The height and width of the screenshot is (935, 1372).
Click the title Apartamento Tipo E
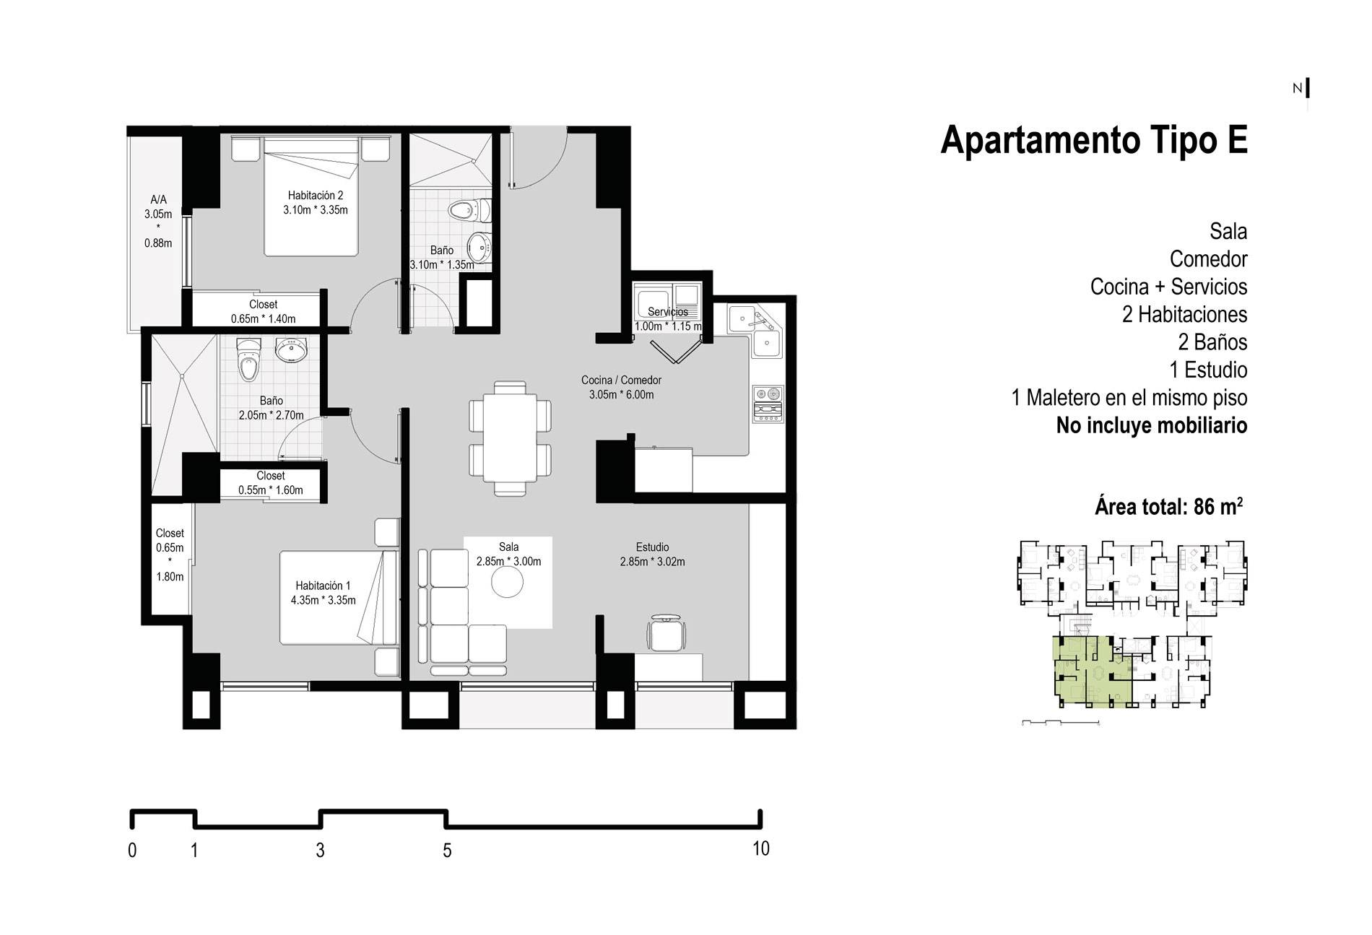(1094, 140)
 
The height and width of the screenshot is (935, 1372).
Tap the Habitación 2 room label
(316, 203)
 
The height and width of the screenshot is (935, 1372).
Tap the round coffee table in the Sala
(507, 581)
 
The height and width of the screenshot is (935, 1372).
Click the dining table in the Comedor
(510, 438)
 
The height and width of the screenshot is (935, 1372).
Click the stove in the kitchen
(768, 404)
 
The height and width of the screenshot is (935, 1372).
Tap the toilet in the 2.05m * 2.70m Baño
(248, 360)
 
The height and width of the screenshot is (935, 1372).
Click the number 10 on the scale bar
(761, 849)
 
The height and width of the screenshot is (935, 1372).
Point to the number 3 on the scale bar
(320, 851)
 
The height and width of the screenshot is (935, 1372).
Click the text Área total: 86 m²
(1169, 506)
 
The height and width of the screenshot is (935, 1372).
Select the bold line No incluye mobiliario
(1152, 425)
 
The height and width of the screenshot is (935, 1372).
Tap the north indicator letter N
(1298, 89)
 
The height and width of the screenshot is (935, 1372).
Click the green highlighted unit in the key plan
(1093, 671)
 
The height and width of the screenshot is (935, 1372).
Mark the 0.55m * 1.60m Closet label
(271, 483)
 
